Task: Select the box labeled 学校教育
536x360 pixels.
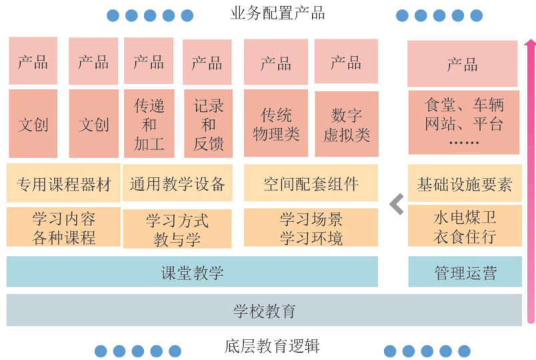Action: (264, 310)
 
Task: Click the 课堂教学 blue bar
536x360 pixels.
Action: (192, 272)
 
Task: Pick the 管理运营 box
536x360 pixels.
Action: (465, 272)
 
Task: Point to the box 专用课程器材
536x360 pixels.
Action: (63, 183)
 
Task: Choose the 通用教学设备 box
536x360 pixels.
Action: (177, 183)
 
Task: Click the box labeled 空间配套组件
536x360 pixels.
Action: (311, 183)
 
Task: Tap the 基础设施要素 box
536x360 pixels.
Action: (465, 184)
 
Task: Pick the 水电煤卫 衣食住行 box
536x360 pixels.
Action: (465, 227)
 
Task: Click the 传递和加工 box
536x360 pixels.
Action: (149, 124)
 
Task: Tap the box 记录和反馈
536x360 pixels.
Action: (207, 125)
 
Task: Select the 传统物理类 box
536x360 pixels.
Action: (276, 125)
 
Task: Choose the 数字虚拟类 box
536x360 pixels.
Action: (346, 125)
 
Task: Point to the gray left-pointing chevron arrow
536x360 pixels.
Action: (397, 204)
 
